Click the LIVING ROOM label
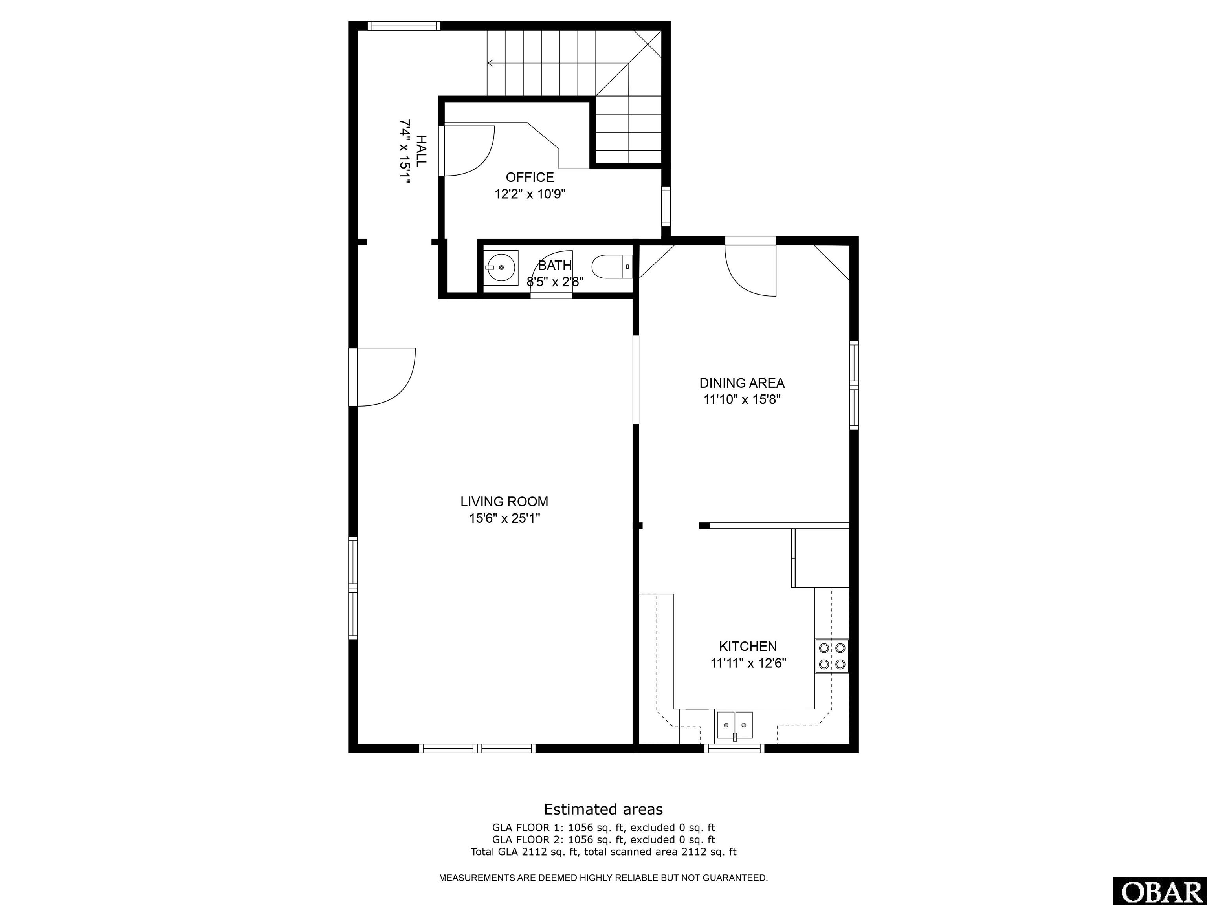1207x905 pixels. [504, 501]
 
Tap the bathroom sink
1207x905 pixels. [501, 268]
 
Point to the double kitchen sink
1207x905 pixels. [734, 725]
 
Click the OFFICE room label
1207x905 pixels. [530, 177]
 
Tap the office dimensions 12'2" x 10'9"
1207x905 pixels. [530, 194]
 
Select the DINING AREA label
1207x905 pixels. [742, 383]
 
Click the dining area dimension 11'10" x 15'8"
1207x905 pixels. [742, 399]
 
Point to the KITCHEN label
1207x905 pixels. [748, 647]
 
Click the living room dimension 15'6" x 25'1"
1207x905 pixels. [504, 518]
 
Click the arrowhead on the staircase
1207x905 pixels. [491, 63]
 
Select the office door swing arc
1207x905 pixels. [480, 164]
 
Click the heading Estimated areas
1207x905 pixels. [603, 809]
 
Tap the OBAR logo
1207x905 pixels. [1159, 891]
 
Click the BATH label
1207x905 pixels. [555, 266]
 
